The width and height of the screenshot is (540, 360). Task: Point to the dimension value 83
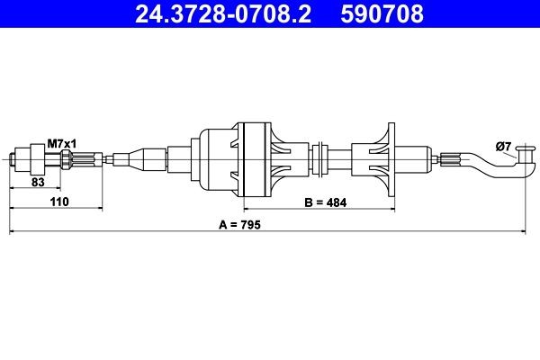(39, 182)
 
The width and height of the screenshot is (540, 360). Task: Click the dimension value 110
(59, 204)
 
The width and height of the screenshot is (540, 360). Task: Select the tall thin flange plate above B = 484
(390, 159)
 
